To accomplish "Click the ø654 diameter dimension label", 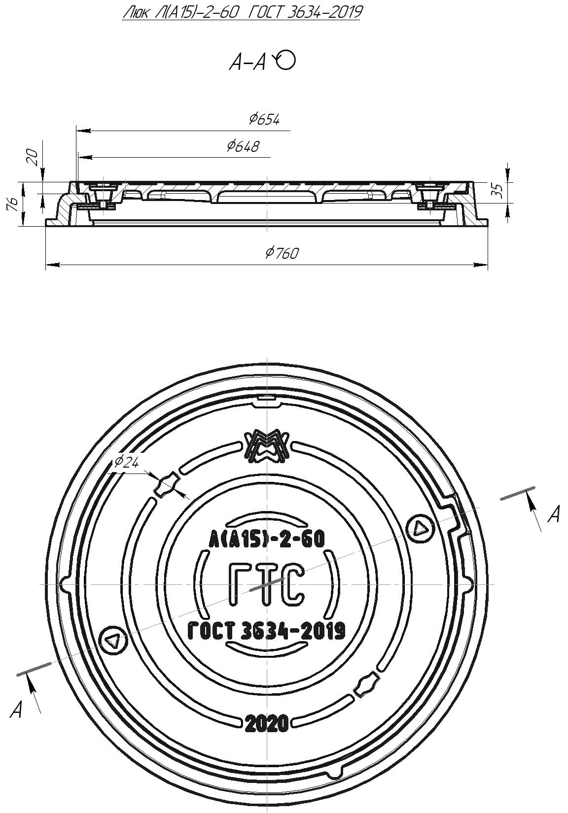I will (x=264, y=119).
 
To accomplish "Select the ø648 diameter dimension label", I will (x=243, y=146).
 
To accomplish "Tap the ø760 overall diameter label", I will (x=282, y=253).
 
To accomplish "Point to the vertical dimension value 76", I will (x=14, y=203).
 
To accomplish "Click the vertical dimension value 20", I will (x=33, y=158).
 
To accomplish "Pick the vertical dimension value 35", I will (x=498, y=190).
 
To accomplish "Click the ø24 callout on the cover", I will (x=126, y=462).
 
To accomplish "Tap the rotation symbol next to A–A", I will (x=285, y=60).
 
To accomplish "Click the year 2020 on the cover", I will (x=267, y=723).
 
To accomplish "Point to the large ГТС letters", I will (x=265, y=585).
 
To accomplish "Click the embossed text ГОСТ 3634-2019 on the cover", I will (x=267, y=631).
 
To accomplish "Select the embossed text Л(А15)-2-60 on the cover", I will (x=267, y=539).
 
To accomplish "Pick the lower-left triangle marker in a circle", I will (x=113, y=641).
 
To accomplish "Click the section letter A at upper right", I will (x=555, y=514).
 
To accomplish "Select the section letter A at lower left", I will (x=16, y=710).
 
